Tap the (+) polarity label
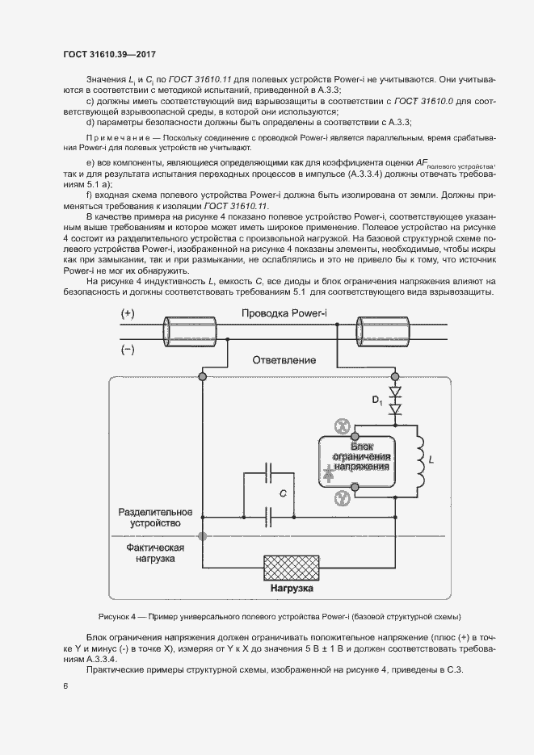tap(128, 314)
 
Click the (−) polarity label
tap(128, 350)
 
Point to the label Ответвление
tap(284, 359)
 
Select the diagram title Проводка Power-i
tap(284, 313)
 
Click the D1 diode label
tap(377, 401)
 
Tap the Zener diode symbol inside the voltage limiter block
tap(330, 475)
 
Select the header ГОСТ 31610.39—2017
tap(109, 54)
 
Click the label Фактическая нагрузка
tap(156, 553)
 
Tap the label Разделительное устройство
tap(155, 518)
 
